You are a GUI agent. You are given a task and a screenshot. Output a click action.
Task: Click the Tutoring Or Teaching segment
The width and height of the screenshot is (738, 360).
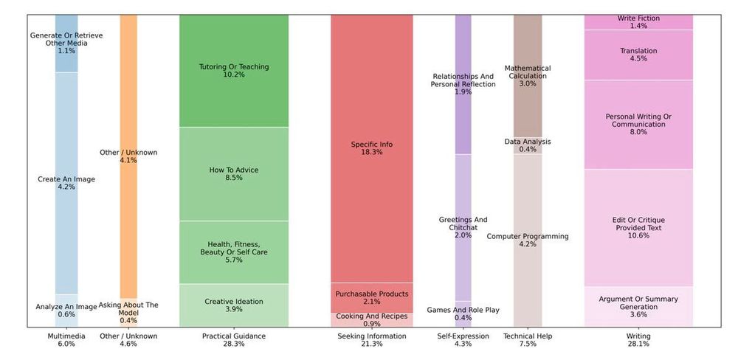[x=234, y=71]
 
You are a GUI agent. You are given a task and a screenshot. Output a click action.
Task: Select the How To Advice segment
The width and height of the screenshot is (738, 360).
[x=234, y=174]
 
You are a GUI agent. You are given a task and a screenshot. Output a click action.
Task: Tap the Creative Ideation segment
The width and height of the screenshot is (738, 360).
[x=234, y=305]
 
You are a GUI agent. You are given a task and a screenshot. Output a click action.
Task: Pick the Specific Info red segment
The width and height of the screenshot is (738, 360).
[x=372, y=148]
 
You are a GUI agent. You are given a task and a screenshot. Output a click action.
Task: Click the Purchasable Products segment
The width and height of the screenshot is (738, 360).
[x=372, y=298]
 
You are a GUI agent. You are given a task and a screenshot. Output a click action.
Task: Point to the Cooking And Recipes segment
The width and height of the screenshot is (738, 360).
[x=372, y=320]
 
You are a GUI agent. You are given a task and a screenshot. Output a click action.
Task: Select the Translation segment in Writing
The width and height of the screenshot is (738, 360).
[x=638, y=55]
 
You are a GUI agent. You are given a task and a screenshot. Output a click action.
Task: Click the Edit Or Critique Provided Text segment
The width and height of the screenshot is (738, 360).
[x=638, y=227]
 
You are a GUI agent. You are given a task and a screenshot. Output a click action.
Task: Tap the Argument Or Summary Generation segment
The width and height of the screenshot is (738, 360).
[x=638, y=307]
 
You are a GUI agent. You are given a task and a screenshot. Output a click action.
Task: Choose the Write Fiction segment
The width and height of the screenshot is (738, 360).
[x=638, y=22]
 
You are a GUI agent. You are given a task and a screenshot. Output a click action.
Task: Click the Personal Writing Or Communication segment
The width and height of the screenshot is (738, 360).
[x=638, y=124]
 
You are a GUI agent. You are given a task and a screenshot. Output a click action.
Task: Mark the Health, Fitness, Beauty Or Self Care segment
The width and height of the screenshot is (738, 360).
[x=234, y=252]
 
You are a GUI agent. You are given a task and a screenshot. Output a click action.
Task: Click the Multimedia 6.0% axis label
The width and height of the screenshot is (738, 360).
[x=66, y=340]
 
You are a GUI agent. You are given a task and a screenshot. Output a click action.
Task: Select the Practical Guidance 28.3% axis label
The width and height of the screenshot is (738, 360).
[x=234, y=340]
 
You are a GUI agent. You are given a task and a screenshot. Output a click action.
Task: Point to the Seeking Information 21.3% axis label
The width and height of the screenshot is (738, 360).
[x=372, y=340]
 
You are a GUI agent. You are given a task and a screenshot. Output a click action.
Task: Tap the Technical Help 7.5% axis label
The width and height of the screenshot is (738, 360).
[x=528, y=340]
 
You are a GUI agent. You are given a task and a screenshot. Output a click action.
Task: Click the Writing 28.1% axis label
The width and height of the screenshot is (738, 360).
[x=638, y=340]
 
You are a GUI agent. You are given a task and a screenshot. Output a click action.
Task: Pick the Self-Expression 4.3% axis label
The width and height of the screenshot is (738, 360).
[x=463, y=340]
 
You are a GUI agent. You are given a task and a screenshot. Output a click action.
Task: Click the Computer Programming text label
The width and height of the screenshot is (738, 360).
[x=528, y=237]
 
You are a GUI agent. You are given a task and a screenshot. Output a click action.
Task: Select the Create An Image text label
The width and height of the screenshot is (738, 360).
[x=66, y=179]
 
